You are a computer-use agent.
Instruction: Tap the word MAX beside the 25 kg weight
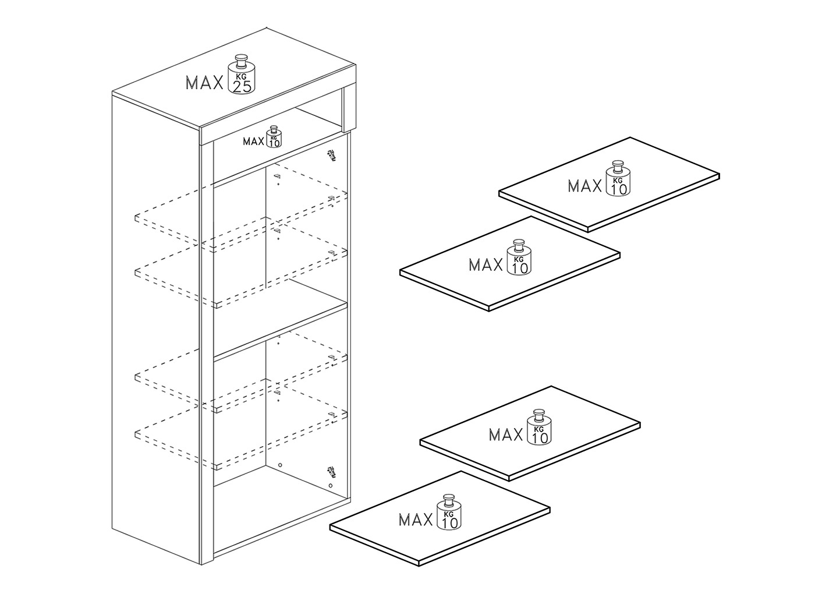204,83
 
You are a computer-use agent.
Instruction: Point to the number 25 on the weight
242,87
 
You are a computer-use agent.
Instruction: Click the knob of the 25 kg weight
242,60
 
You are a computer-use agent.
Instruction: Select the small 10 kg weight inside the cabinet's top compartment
274,137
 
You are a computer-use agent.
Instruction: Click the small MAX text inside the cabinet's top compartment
254,142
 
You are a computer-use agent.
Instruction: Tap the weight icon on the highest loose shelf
618,179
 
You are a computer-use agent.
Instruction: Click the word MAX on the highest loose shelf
585,186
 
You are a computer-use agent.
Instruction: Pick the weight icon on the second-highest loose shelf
519,257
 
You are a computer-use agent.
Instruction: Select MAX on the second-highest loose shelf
486,265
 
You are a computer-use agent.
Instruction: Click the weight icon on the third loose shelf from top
540,428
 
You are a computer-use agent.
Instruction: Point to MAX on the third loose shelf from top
506,435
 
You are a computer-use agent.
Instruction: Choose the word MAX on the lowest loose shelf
416,520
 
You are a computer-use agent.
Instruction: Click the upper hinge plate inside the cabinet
332,156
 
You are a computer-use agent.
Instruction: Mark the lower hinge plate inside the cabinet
331,472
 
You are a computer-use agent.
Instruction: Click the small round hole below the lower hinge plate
331,485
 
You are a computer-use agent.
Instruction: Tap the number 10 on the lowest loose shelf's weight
449,524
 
